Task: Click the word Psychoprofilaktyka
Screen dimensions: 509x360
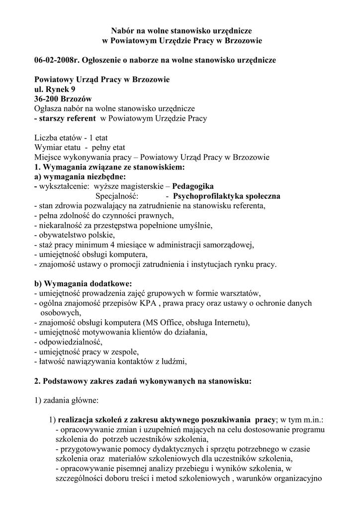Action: point(210,196)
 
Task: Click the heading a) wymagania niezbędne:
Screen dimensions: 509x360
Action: point(80,176)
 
